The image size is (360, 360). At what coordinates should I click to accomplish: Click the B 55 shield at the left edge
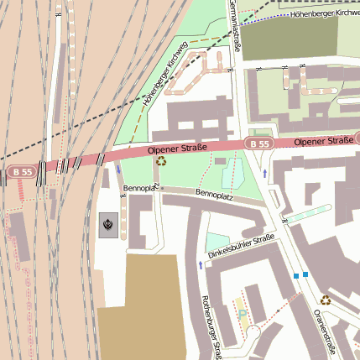click(22, 172)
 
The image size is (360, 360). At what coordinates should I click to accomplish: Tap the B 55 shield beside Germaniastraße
click(260, 145)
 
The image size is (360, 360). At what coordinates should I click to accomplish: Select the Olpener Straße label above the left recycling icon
click(178, 149)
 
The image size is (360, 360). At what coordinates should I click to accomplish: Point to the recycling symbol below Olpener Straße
click(161, 161)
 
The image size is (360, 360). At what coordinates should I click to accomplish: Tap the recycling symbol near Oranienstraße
click(325, 300)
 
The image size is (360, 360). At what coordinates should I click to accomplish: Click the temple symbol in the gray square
click(108, 224)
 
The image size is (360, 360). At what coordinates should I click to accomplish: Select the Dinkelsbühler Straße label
click(242, 246)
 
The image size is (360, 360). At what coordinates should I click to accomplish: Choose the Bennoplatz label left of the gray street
click(141, 188)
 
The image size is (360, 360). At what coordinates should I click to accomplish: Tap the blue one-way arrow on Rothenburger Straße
click(201, 265)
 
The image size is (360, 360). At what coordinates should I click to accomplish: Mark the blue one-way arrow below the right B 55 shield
click(265, 174)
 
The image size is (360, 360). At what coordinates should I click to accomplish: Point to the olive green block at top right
click(290, 38)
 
